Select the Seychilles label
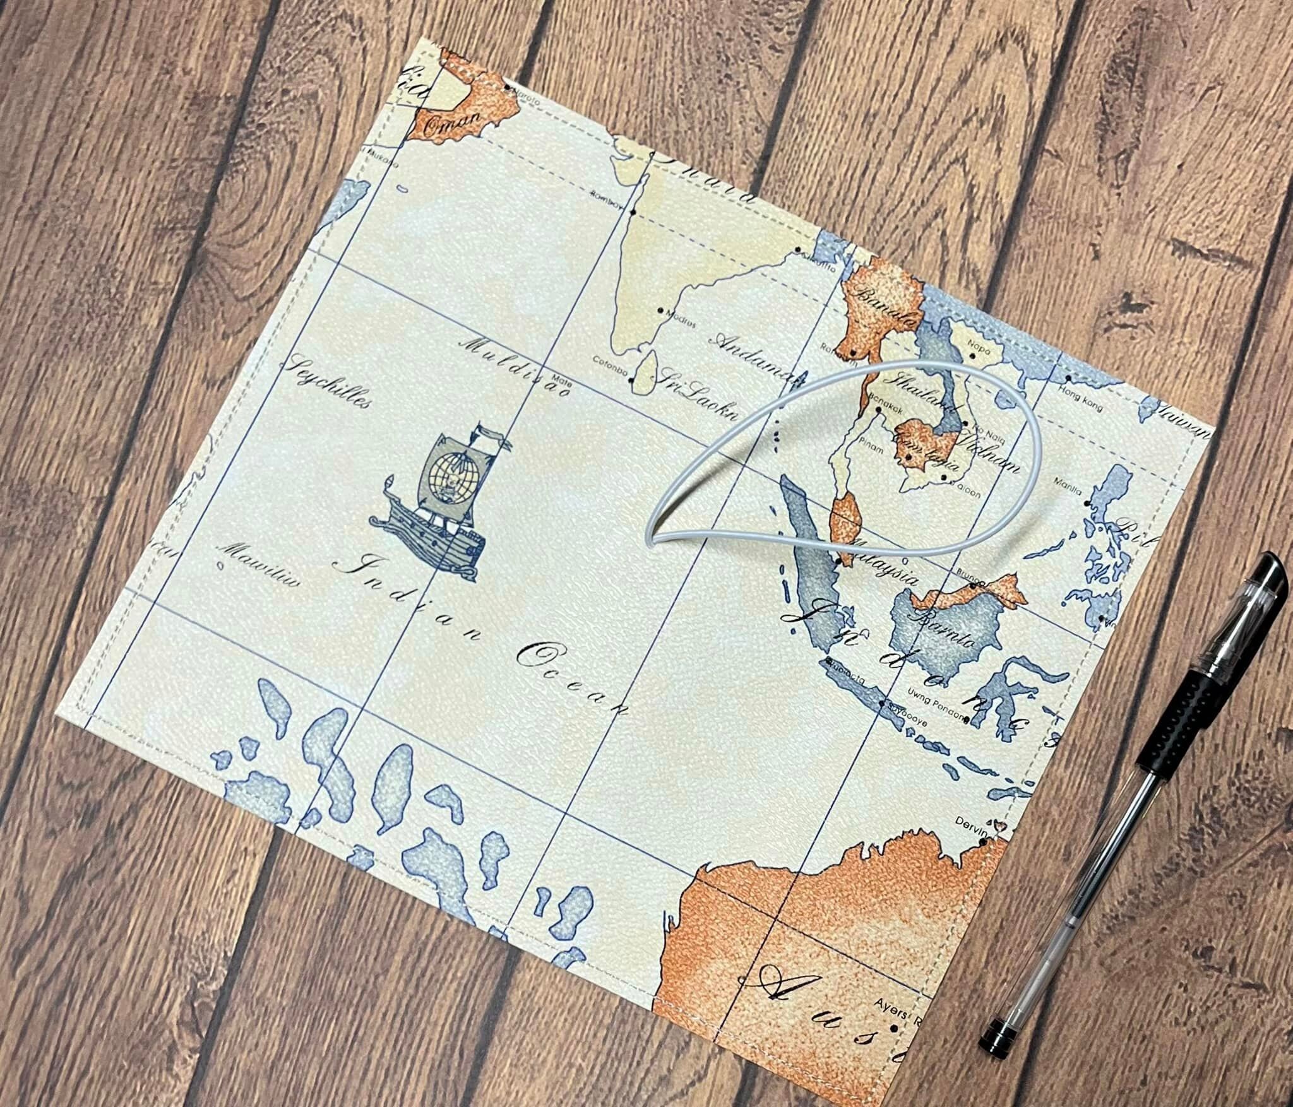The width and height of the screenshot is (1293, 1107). click(x=328, y=385)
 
